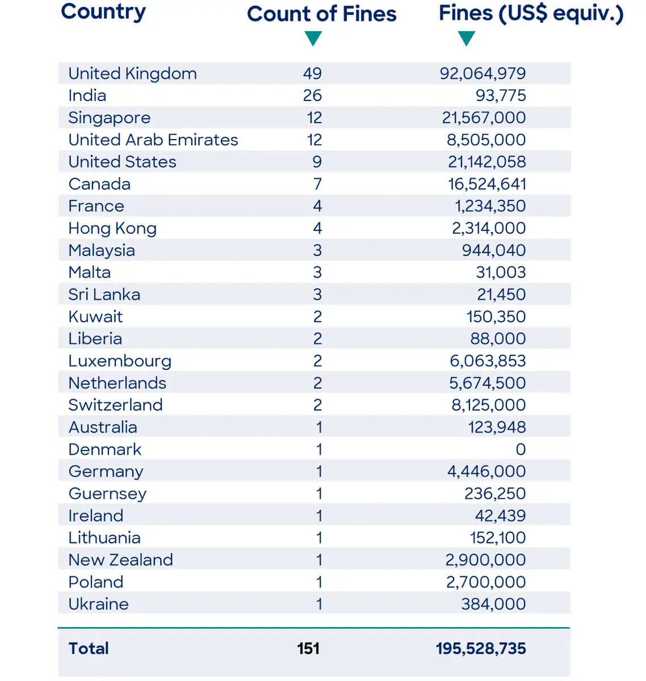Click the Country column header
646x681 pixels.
(x=103, y=12)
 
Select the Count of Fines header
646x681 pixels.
(x=321, y=14)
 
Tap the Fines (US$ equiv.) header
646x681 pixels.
(x=531, y=14)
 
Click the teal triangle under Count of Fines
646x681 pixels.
(x=313, y=39)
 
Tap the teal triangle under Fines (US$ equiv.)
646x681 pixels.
(x=466, y=39)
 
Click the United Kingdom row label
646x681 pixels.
(x=132, y=73)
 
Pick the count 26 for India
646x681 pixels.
(x=312, y=95)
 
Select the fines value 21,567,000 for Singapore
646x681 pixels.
(x=484, y=117)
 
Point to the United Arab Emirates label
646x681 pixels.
(x=153, y=140)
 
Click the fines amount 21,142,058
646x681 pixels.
(x=486, y=162)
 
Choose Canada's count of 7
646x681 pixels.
(x=317, y=184)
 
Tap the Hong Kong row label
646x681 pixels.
(x=112, y=228)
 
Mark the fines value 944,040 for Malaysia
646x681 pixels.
(x=493, y=250)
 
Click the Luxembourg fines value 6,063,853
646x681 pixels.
(x=487, y=361)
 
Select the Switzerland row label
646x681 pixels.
(x=115, y=405)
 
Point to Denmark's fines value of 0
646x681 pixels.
(x=521, y=449)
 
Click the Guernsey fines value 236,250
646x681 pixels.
(x=494, y=494)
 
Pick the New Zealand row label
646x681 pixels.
(x=120, y=560)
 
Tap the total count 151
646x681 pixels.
(x=308, y=649)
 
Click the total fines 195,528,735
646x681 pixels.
(x=481, y=649)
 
